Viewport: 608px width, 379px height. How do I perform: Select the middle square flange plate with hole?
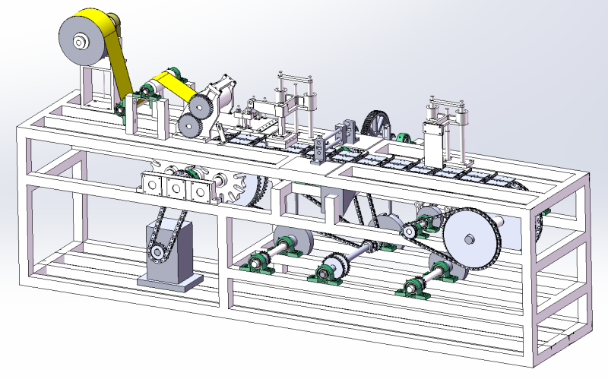(176, 188)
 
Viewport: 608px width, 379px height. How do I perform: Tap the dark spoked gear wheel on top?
(378, 124)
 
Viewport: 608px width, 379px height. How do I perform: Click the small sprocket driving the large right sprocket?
(410, 229)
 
